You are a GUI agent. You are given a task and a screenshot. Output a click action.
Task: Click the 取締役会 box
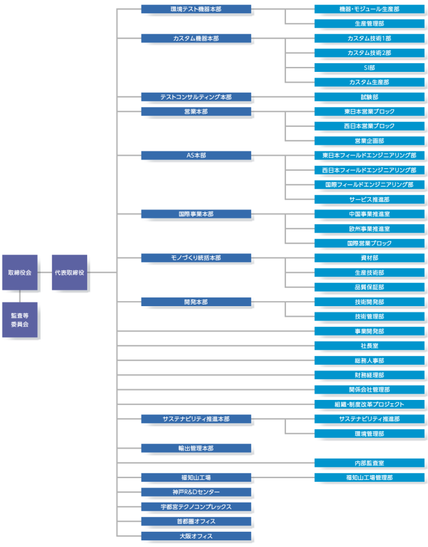pyautogui.click(x=20, y=273)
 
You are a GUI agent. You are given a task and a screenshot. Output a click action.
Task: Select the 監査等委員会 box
pyautogui.click(x=20, y=320)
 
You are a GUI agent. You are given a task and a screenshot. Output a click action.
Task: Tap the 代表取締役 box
pyautogui.click(x=70, y=273)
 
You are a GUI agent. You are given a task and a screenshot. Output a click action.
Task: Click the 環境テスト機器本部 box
pyautogui.click(x=196, y=9)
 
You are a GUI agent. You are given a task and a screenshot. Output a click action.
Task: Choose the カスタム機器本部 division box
pyautogui.click(x=196, y=38)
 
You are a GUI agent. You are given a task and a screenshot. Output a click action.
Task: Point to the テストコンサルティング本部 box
pyautogui.click(x=196, y=97)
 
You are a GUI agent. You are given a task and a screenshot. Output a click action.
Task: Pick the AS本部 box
pyautogui.click(x=196, y=155)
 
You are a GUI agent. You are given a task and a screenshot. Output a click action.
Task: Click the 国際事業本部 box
pyautogui.click(x=196, y=214)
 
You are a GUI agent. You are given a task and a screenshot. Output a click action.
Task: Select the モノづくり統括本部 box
pyautogui.click(x=196, y=258)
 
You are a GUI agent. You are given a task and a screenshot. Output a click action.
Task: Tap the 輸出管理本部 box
pyautogui.click(x=196, y=448)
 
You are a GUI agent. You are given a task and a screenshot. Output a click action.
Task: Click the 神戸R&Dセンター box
pyautogui.click(x=196, y=492)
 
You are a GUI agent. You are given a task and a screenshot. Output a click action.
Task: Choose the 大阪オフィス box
pyautogui.click(x=196, y=536)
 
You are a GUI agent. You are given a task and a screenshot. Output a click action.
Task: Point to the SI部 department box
pyautogui.click(x=369, y=67)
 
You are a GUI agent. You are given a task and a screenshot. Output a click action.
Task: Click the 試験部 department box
pyautogui.click(x=369, y=97)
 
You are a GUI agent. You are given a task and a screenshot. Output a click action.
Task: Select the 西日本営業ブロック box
pyautogui.click(x=369, y=126)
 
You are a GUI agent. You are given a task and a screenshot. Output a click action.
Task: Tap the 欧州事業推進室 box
pyautogui.click(x=369, y=228)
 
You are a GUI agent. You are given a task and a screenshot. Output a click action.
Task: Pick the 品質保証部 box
pyautogui.click(x=369, y=287)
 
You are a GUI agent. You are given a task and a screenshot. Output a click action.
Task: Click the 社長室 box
pyautogui.click(x=369, y=346)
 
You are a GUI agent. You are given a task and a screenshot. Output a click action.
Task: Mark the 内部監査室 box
pyautogui.click(x=369, y=463)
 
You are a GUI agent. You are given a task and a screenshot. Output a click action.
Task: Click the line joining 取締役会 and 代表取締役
pyautogui.click(x=44, y=273)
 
